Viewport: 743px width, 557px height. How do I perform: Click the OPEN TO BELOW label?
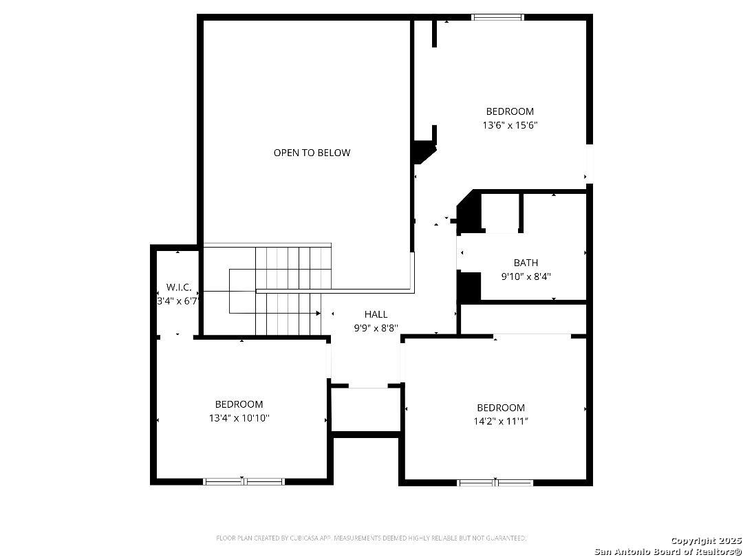coord(312,153)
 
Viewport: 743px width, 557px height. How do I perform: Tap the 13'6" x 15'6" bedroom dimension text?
coord(510,126)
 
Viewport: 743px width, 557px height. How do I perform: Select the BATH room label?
coord(526,263)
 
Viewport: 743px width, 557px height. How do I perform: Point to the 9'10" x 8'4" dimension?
coord(526,276)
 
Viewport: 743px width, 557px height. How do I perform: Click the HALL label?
coord(376,314)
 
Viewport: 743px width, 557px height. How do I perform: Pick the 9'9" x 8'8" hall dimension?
coord(376,328)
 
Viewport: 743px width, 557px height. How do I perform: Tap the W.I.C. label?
coord(179,287)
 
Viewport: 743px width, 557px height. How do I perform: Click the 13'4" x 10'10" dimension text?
coord(239,418)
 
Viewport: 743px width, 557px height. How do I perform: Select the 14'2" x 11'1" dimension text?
coord(501,422)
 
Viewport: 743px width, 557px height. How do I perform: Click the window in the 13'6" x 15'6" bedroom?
coord(497,17)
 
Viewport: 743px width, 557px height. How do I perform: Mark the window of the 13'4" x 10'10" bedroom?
coord(244,481)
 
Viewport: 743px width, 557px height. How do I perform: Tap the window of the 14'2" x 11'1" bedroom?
coord(495,483)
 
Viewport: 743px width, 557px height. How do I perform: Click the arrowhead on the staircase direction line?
coord(319,313)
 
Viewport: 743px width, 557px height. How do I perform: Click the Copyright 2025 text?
coord(706,541)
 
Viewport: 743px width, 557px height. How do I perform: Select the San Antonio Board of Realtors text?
coord(668,551)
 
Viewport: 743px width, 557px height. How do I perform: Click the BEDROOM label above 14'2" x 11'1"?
coord(501,408)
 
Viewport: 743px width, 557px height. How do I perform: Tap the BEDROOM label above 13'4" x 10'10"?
coord(239,404)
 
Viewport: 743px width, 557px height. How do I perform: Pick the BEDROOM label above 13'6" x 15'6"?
coord(510,112)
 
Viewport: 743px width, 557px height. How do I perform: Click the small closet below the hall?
coord(366,410)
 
